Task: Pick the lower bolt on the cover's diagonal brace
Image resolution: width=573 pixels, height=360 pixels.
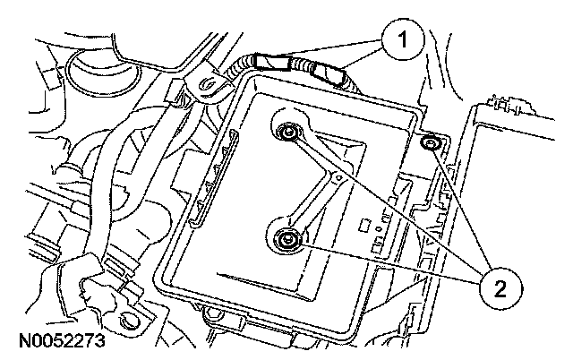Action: coord(287,239)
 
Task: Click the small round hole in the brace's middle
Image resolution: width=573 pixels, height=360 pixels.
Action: coord(336,179)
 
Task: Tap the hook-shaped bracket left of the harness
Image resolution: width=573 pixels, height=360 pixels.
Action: coord(206,85)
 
